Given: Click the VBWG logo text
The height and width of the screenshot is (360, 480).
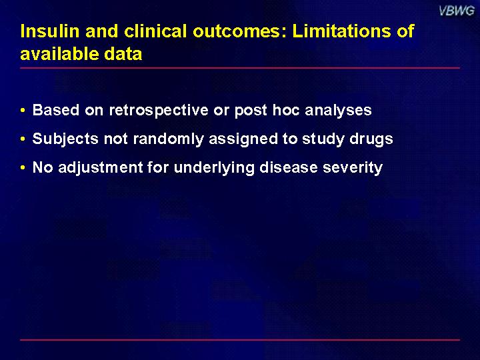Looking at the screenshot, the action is (x=457, y=11).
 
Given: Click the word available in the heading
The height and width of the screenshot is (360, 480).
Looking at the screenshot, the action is (x=59, y=54).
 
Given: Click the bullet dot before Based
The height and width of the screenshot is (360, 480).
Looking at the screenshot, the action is (x=23, y=110).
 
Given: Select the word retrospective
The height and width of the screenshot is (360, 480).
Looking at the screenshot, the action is (x=159, y=110).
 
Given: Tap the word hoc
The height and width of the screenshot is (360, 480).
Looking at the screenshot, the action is (x=286, y=109).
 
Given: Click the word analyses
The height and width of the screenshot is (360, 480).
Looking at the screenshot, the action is (x=338, y=111).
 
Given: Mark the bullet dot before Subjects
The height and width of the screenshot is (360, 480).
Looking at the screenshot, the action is (x=23, y=139).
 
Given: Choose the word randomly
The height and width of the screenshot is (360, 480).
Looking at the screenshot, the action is (x=169, y=139).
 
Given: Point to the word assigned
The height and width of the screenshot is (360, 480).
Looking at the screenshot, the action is (x=244, y=139).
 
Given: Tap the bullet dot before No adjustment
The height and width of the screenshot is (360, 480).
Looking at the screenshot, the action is (x=23, y=167).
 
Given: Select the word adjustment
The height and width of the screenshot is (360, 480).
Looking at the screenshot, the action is (x=101, y=168).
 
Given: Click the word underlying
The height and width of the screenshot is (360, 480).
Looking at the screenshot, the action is (x=214, y=168).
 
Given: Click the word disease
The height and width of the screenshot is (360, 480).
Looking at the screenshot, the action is (x=289, y=167).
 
